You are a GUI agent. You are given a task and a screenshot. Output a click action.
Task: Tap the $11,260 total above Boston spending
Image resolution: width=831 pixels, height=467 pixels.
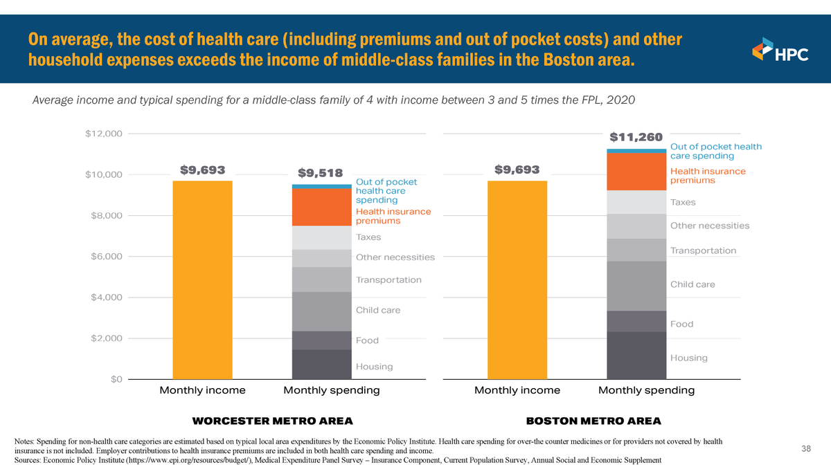636,137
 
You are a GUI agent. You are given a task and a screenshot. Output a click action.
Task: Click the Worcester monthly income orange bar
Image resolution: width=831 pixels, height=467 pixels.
202,280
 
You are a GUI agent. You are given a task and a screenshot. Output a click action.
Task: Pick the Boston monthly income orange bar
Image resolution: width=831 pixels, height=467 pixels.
517,280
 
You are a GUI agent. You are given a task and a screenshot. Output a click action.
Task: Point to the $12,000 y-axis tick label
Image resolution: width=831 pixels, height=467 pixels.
104,134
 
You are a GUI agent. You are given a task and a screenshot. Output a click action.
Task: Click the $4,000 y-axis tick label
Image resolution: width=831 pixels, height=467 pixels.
107,297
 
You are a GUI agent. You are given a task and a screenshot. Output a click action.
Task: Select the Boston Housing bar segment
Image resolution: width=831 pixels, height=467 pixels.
636,356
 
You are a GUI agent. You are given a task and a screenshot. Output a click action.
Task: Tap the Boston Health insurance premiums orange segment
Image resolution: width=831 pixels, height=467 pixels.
636,172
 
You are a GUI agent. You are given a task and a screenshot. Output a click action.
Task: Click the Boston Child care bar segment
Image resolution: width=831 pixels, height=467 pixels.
636,286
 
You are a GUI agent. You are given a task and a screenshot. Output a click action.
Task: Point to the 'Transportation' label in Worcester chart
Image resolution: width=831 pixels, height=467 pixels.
388,280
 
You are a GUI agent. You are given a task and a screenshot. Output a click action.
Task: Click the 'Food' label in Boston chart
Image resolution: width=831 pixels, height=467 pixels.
681,324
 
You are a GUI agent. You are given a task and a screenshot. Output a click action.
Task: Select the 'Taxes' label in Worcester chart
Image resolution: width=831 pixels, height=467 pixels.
368,237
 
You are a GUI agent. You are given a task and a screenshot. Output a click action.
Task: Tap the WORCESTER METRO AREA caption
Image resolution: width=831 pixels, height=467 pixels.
272,421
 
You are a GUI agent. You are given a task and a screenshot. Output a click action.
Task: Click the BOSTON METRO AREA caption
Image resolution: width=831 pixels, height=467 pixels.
593,421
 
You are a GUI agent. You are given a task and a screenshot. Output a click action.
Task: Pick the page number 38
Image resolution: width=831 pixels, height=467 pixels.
806,449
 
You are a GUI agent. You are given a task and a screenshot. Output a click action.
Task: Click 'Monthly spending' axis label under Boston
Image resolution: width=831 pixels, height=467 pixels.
646,391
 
